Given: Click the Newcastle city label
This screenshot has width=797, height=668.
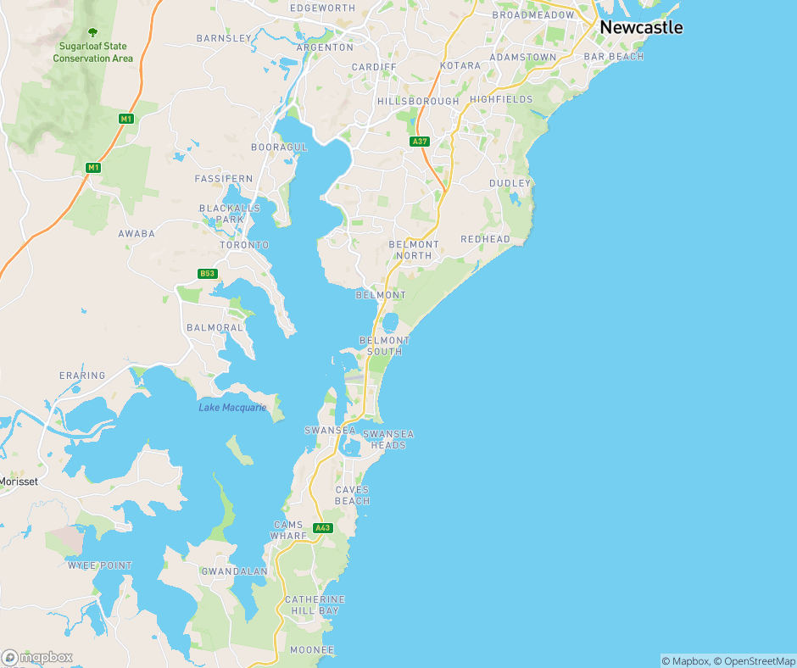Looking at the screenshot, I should click(640, 27).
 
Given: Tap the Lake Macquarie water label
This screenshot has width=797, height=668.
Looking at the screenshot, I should click(232, 408).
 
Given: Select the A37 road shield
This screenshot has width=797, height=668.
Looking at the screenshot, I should click(419, 142).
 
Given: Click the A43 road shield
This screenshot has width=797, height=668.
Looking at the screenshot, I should click(322, 528).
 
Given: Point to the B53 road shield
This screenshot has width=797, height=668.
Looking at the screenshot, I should click(207, 273).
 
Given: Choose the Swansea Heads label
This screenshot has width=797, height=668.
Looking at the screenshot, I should click(388, 439).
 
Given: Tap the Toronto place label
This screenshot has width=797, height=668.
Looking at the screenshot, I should click(244, 245).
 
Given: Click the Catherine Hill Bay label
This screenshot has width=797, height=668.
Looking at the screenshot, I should click(315, 604).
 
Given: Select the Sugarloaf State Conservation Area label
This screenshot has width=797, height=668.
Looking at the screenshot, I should click(93, 53).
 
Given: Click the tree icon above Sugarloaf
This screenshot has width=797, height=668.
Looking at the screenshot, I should click(93, 32).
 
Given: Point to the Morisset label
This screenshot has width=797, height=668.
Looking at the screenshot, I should click(20, 482).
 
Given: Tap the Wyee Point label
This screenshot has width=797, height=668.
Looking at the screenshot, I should click(100, 565).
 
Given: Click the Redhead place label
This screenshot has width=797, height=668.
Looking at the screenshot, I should click(485, 239).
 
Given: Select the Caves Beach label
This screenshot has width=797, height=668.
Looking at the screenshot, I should click(352, 495).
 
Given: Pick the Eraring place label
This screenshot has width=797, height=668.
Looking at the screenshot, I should click(82, 376).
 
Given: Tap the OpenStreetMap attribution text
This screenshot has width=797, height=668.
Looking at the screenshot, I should click(752, 661).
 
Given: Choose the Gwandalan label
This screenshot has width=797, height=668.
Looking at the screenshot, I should click(234, 571).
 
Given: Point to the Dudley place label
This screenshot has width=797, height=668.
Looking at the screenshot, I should click(510, 183).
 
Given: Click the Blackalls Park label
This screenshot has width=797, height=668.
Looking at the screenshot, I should click(222, 213).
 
